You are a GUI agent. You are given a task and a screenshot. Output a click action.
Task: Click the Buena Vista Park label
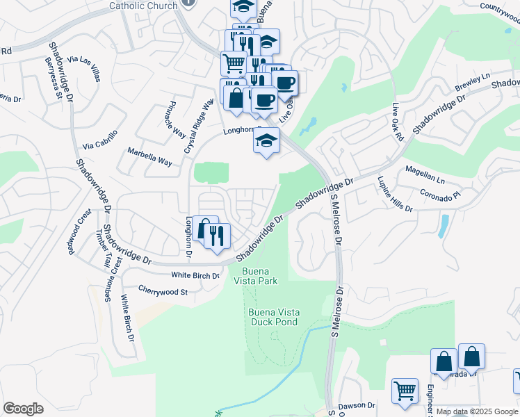pyautogui.click(x=259, y=276)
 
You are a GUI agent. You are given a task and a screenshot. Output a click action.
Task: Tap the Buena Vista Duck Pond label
pyautogui.click(x=273, y=317)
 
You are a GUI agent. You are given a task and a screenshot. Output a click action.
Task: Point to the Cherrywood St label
pyautogui.click(x=163, y=292)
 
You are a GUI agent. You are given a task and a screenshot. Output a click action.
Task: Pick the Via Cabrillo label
pyautogui.click(x=101, y=140)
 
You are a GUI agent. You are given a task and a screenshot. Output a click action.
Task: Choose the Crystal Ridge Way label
pyautogui.click(x=197, y=126)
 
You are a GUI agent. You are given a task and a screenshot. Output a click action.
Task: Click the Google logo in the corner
pyautogui.click(x=23, y=408)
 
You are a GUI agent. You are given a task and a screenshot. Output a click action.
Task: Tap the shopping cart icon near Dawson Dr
pyautogui.click(x=405, y=390)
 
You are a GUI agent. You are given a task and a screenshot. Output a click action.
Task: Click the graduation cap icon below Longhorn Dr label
pyautogui.click(x=266, y=141)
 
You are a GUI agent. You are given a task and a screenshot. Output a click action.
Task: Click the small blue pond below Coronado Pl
pyautogui.click(x=444, y=226)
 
